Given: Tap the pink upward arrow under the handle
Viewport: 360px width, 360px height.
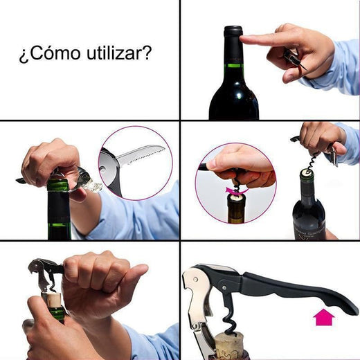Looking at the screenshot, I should pos(324,318).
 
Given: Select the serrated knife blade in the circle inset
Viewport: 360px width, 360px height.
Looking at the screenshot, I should pos(142,156).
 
